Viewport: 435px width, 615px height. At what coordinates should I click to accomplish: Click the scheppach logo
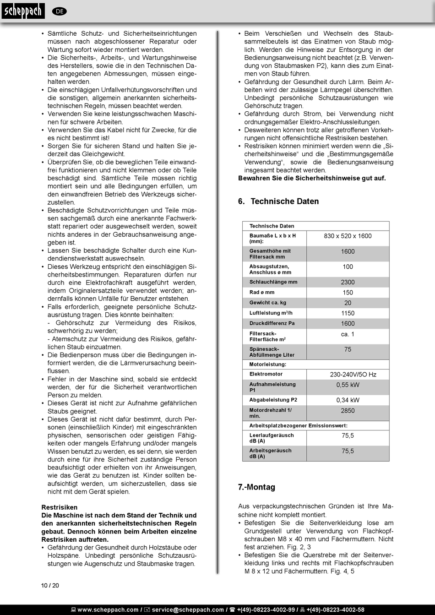(23, 11)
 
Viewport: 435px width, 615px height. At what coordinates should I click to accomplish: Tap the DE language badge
(60, 11)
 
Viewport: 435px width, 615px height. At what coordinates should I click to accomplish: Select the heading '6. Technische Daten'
(278, 201)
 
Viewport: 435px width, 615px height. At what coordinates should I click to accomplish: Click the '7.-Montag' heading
(256, 487)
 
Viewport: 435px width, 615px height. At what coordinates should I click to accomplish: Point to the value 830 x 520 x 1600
(348, 236)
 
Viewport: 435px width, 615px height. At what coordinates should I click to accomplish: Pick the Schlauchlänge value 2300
(348, 282)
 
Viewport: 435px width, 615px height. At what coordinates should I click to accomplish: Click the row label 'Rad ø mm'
(262, 292)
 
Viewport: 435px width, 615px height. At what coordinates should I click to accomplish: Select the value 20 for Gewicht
(348, 303)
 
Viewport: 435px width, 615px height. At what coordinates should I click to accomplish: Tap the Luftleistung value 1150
(348, 313)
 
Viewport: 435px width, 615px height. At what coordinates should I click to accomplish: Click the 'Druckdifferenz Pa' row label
(272, 323)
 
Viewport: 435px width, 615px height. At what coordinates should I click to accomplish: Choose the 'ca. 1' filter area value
(348, 334)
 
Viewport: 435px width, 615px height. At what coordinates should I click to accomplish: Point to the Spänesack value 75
(348, 349)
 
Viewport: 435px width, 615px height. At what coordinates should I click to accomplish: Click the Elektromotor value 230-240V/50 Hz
(353, 375)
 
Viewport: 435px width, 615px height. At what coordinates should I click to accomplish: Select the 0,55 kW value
(348, 385)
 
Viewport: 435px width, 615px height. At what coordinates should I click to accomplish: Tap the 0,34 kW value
(348, 400)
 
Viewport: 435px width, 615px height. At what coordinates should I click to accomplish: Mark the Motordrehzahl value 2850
(348, 411)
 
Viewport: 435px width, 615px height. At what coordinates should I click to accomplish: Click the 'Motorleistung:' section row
(268, 365)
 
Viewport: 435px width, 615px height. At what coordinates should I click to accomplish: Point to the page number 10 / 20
(50, 585)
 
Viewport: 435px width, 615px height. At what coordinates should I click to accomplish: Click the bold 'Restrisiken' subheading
(60, 507)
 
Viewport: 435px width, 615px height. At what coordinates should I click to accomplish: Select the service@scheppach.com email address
(188, 610)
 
